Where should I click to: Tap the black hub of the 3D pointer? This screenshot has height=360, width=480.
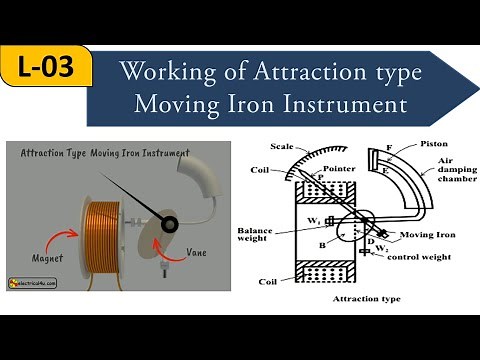(168, 222)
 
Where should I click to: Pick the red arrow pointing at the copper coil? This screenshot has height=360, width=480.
(78, 248)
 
